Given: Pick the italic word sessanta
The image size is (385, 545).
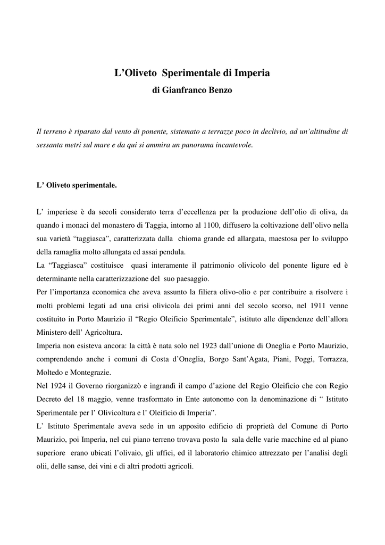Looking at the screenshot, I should (49, 144).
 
